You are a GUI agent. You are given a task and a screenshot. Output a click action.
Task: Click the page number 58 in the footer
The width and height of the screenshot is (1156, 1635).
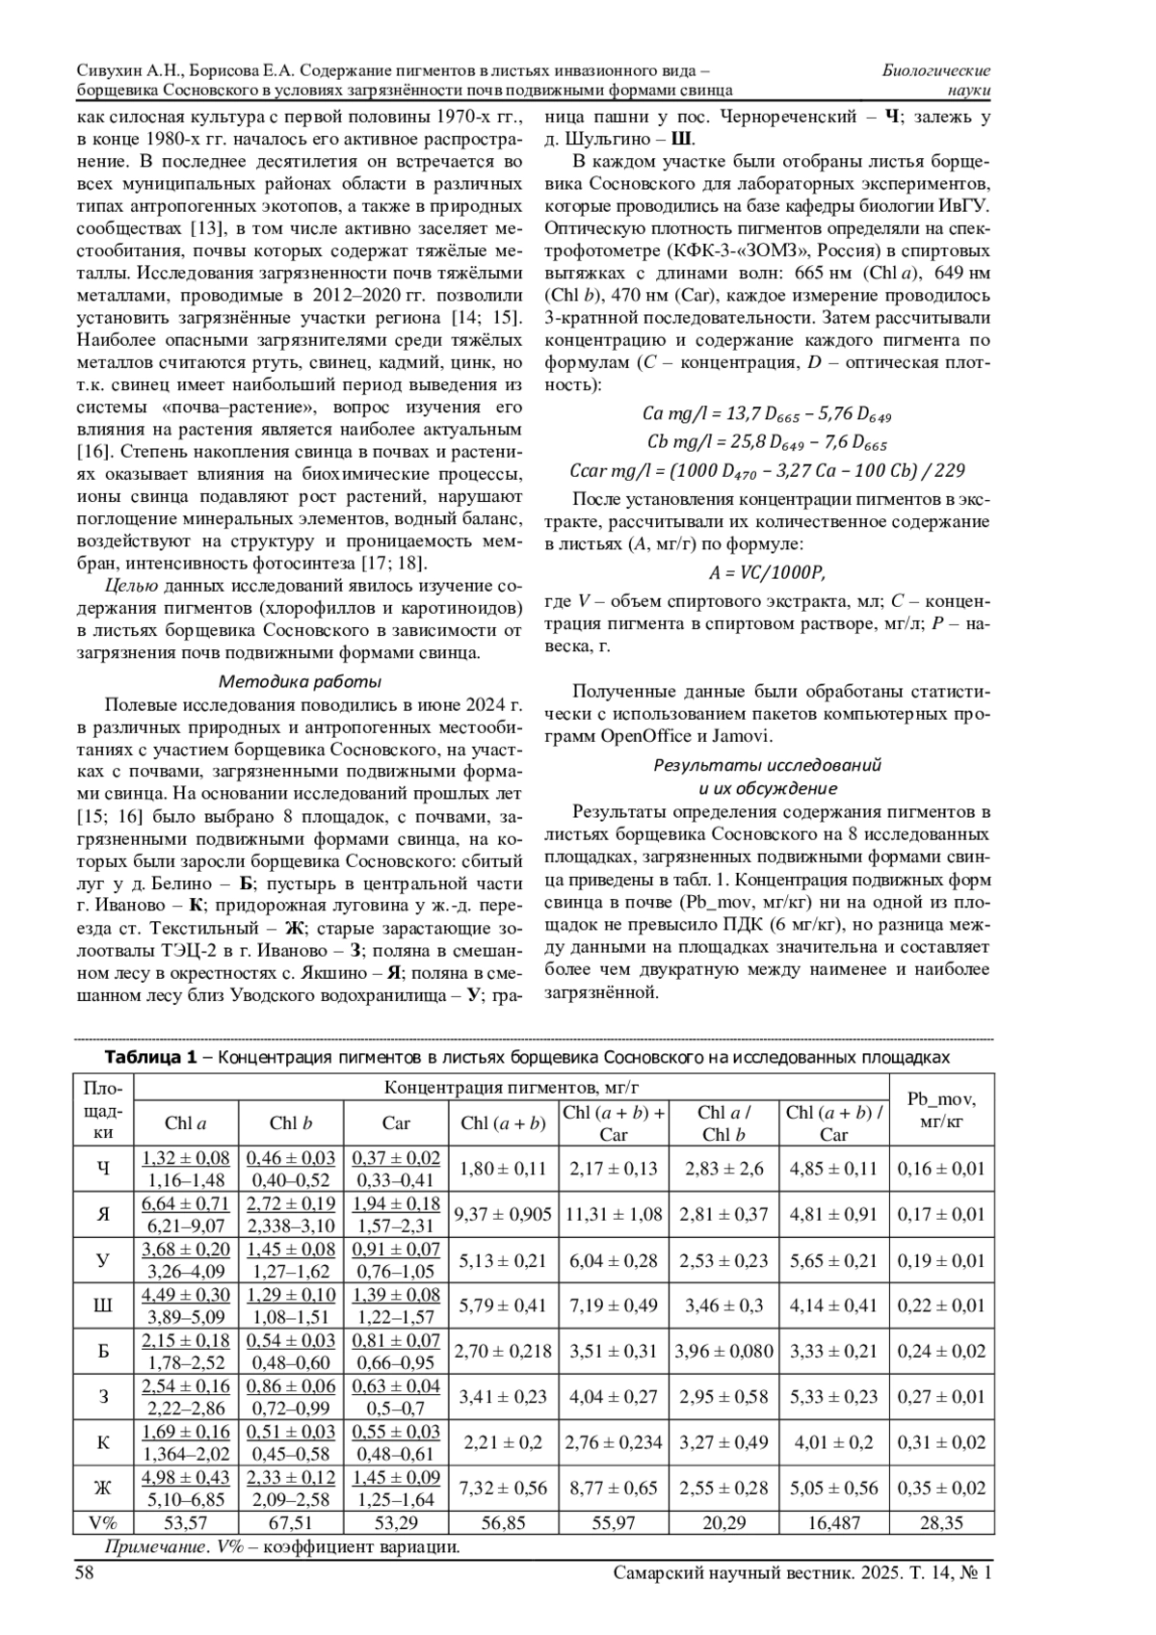85,1571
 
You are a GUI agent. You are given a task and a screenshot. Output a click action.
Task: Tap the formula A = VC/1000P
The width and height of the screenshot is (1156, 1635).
767,571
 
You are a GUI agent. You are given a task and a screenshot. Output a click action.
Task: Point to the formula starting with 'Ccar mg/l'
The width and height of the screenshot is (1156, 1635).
767,470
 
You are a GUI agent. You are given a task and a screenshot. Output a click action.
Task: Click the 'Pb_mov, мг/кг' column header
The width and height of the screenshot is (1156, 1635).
941,1110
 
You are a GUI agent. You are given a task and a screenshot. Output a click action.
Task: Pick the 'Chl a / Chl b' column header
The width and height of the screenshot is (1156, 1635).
724,1122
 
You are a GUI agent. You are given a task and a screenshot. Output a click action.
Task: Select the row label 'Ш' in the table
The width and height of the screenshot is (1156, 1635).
103,1305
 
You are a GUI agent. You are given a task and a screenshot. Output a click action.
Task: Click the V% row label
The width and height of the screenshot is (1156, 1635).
103,1522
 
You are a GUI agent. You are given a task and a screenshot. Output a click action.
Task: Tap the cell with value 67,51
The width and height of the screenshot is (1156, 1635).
291,1522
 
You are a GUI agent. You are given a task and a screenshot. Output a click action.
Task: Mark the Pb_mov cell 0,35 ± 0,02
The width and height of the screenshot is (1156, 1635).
941,1488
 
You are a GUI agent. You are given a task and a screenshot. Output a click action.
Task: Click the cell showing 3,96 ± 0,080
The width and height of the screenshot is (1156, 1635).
724,1351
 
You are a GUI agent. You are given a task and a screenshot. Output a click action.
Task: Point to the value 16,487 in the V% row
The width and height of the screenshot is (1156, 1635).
833,1522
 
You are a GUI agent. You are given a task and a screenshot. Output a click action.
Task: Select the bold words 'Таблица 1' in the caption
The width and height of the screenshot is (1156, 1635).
149,1057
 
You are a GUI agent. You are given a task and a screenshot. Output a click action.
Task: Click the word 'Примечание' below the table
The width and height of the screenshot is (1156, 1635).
146,1548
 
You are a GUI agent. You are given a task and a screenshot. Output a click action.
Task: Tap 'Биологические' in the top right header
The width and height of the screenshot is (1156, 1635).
936,70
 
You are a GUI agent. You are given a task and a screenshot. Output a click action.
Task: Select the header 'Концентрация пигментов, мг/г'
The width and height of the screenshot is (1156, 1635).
512,1088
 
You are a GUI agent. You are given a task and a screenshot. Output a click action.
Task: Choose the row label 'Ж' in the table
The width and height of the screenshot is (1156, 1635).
103,1488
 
